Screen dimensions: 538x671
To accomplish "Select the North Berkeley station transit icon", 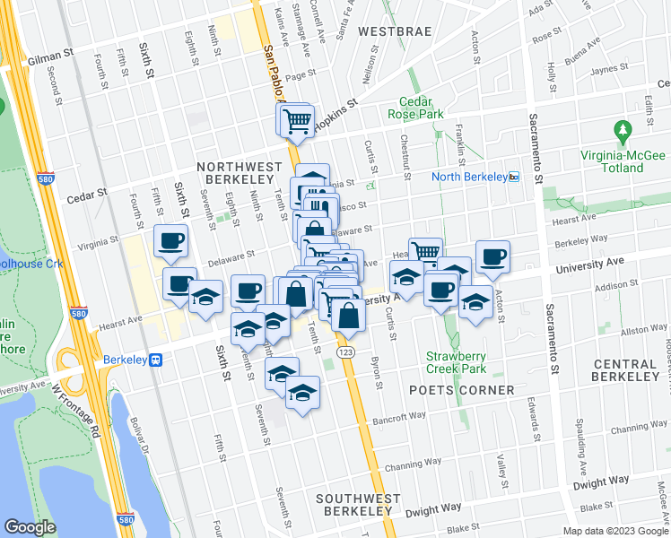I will click(x=514, y=177).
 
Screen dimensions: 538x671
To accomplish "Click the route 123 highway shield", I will click(x=346, y=352).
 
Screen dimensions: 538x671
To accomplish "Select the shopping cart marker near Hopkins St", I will click(x=297, y=118).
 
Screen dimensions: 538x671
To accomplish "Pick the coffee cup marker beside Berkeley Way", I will click(x=492, y=256).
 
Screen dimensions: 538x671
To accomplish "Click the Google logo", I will click(x=30, y=527).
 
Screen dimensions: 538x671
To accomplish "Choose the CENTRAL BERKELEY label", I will click(x=626, y=371).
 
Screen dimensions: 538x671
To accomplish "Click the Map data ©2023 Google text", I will click(x=614, y=531).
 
